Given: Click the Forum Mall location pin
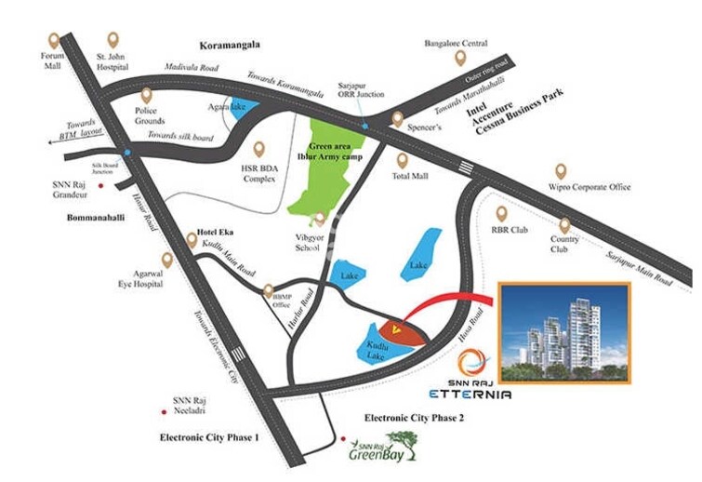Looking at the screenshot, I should pos(53,41).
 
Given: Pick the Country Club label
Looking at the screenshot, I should pos(563,244).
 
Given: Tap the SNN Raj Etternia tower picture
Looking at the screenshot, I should pos(564,333).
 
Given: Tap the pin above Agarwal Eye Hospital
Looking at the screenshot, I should pos(167,260).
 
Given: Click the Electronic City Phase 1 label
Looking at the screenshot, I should pos(210,436).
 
